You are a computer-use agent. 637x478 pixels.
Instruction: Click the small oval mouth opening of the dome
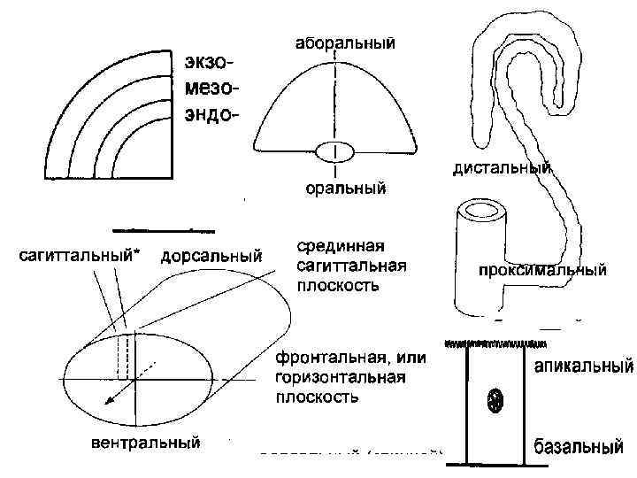pyautogui.click(x=334, y=152)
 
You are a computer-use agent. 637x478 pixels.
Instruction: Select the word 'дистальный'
pyautogui.click(x=502, y=166)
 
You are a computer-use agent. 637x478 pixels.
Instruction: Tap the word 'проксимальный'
pyautogui.click(x=541, y=270)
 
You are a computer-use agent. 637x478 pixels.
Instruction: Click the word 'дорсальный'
pyautogui.click(x=211, y=257)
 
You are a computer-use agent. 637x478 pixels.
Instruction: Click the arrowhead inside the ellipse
pyautogui.click(x=107, y=399)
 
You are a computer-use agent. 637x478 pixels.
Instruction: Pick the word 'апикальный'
pyautogui.click(x=582, y=365)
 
